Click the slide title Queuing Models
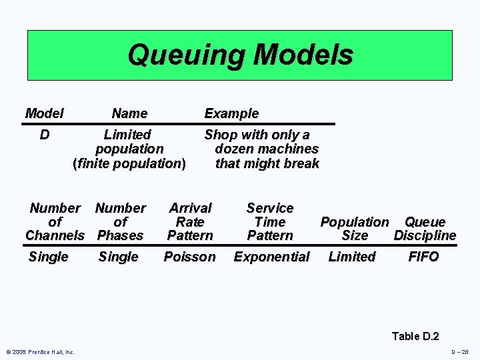[240, 55]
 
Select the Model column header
[44, 113]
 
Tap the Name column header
[129, 113]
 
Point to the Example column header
[231, 113]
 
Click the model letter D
[44, 135]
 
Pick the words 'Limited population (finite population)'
[129, 149]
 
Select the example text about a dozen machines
[262, 149]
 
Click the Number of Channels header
[55, 222]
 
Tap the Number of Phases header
[120, 222]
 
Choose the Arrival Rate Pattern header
[190, 222]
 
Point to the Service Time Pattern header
[270, 222]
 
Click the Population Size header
[354, 229]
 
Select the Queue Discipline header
[425, 229]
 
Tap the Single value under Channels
[48, 257]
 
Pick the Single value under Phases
[118, 257]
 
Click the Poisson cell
[190, 257]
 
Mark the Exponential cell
[271, 257]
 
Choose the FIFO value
[424, 257]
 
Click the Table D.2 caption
[415, 336]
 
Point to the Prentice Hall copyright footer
[41, 352]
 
